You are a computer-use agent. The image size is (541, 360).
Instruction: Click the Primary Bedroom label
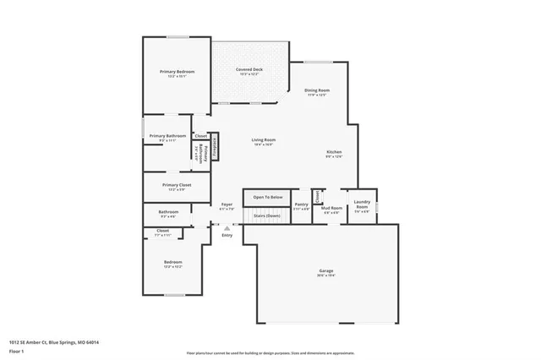178,72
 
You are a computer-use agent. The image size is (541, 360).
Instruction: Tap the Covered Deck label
249,70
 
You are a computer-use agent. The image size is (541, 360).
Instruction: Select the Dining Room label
317,90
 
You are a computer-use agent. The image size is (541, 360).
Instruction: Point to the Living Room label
264,139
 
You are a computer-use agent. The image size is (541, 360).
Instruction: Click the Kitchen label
335,153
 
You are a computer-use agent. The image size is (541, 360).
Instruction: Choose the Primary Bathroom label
167,136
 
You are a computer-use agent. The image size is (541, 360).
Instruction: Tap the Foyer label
227,205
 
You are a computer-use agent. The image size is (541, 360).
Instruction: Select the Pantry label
301,205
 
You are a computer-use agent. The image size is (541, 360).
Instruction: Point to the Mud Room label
331,208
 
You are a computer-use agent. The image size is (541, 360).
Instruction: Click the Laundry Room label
362,204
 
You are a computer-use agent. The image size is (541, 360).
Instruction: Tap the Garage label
325,271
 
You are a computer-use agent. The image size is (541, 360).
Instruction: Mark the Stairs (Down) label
267,215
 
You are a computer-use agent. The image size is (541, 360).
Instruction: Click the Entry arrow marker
227,227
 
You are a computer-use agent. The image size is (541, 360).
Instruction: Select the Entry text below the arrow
227,235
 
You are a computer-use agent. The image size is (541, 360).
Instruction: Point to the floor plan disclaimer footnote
270,352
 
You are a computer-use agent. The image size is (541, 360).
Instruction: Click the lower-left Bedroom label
172,263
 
